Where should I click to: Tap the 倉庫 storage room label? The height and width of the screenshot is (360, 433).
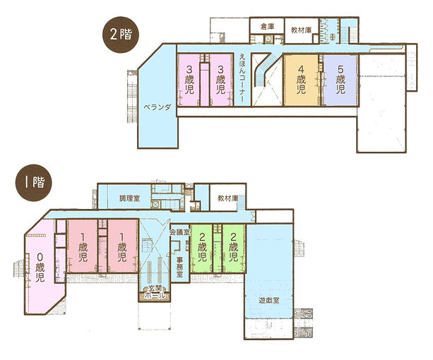tap(266, 26)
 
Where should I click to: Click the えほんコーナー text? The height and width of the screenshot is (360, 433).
tap(242, 79)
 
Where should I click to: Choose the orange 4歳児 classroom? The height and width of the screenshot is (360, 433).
tap(300, 79)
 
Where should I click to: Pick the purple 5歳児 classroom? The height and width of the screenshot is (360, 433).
tap(340, 79)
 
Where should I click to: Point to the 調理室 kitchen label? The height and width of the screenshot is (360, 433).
tap(129, 200)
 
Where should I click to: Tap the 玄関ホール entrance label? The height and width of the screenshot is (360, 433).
tap(154, 293)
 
